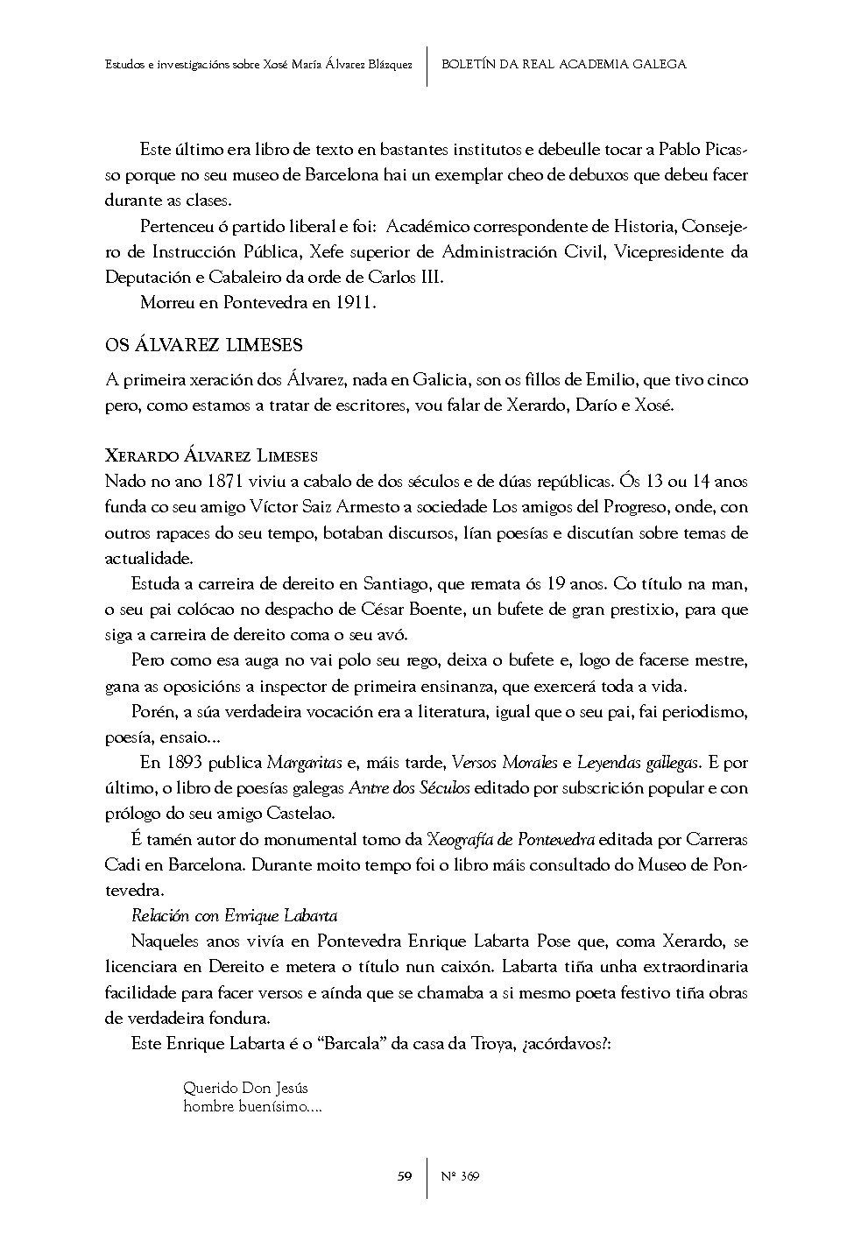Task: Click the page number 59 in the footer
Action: point(404,1176)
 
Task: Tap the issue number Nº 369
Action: point(458,1176)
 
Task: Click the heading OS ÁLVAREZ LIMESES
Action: point(203,345)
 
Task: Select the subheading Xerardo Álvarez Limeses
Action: point(211,455)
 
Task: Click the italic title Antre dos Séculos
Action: point(409,787)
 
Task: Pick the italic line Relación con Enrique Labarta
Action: point(234,916)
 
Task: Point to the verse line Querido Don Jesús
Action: point(245,1089)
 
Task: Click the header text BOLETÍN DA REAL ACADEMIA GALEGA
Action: point(563,64)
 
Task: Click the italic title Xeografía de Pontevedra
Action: point(511,839)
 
